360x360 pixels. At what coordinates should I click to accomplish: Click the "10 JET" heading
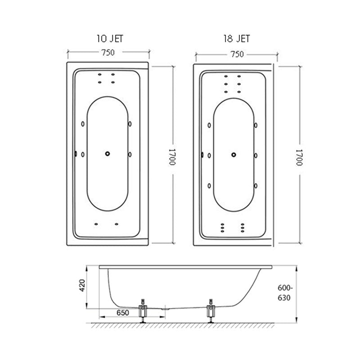[x=109, y=39]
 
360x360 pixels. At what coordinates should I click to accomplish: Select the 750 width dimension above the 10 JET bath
[x=107, y=52]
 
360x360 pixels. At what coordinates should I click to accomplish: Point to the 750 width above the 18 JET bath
[x=237, y=54]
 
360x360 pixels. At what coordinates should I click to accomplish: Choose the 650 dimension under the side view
[x=122, y=313]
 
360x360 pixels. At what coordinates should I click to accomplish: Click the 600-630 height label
[x=284, y=293]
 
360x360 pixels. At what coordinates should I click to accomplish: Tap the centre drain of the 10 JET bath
[x=107, y=154]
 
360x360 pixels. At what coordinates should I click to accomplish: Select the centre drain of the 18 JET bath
[x=233, y=155]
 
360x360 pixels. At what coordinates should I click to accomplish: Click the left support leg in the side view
[x=143, y=311]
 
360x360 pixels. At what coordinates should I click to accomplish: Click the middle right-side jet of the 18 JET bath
[x=256, y=156]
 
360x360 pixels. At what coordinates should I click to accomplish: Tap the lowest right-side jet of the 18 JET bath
[x=256, y=184]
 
